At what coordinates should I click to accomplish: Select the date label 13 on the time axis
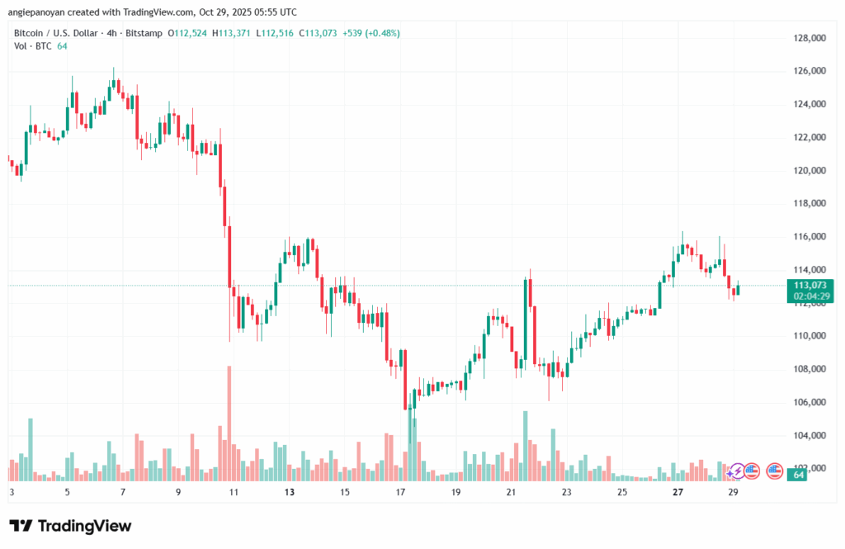[289, 492]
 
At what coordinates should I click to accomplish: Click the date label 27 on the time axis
[677, 492]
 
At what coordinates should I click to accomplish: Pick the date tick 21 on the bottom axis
[511, 492]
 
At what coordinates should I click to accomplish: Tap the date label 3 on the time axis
[12, 492]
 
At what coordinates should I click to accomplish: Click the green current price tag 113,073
[810, 285]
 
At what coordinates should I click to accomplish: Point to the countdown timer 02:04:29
[810, 296]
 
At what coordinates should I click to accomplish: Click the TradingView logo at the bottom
[70, 526]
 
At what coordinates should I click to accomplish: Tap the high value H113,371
[232, 33]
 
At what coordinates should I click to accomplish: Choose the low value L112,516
[276, 33]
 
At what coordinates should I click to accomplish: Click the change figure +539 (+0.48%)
[366, 33]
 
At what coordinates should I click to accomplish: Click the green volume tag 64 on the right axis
[800, 475]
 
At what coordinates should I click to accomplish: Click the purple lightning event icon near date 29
[737, 471]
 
